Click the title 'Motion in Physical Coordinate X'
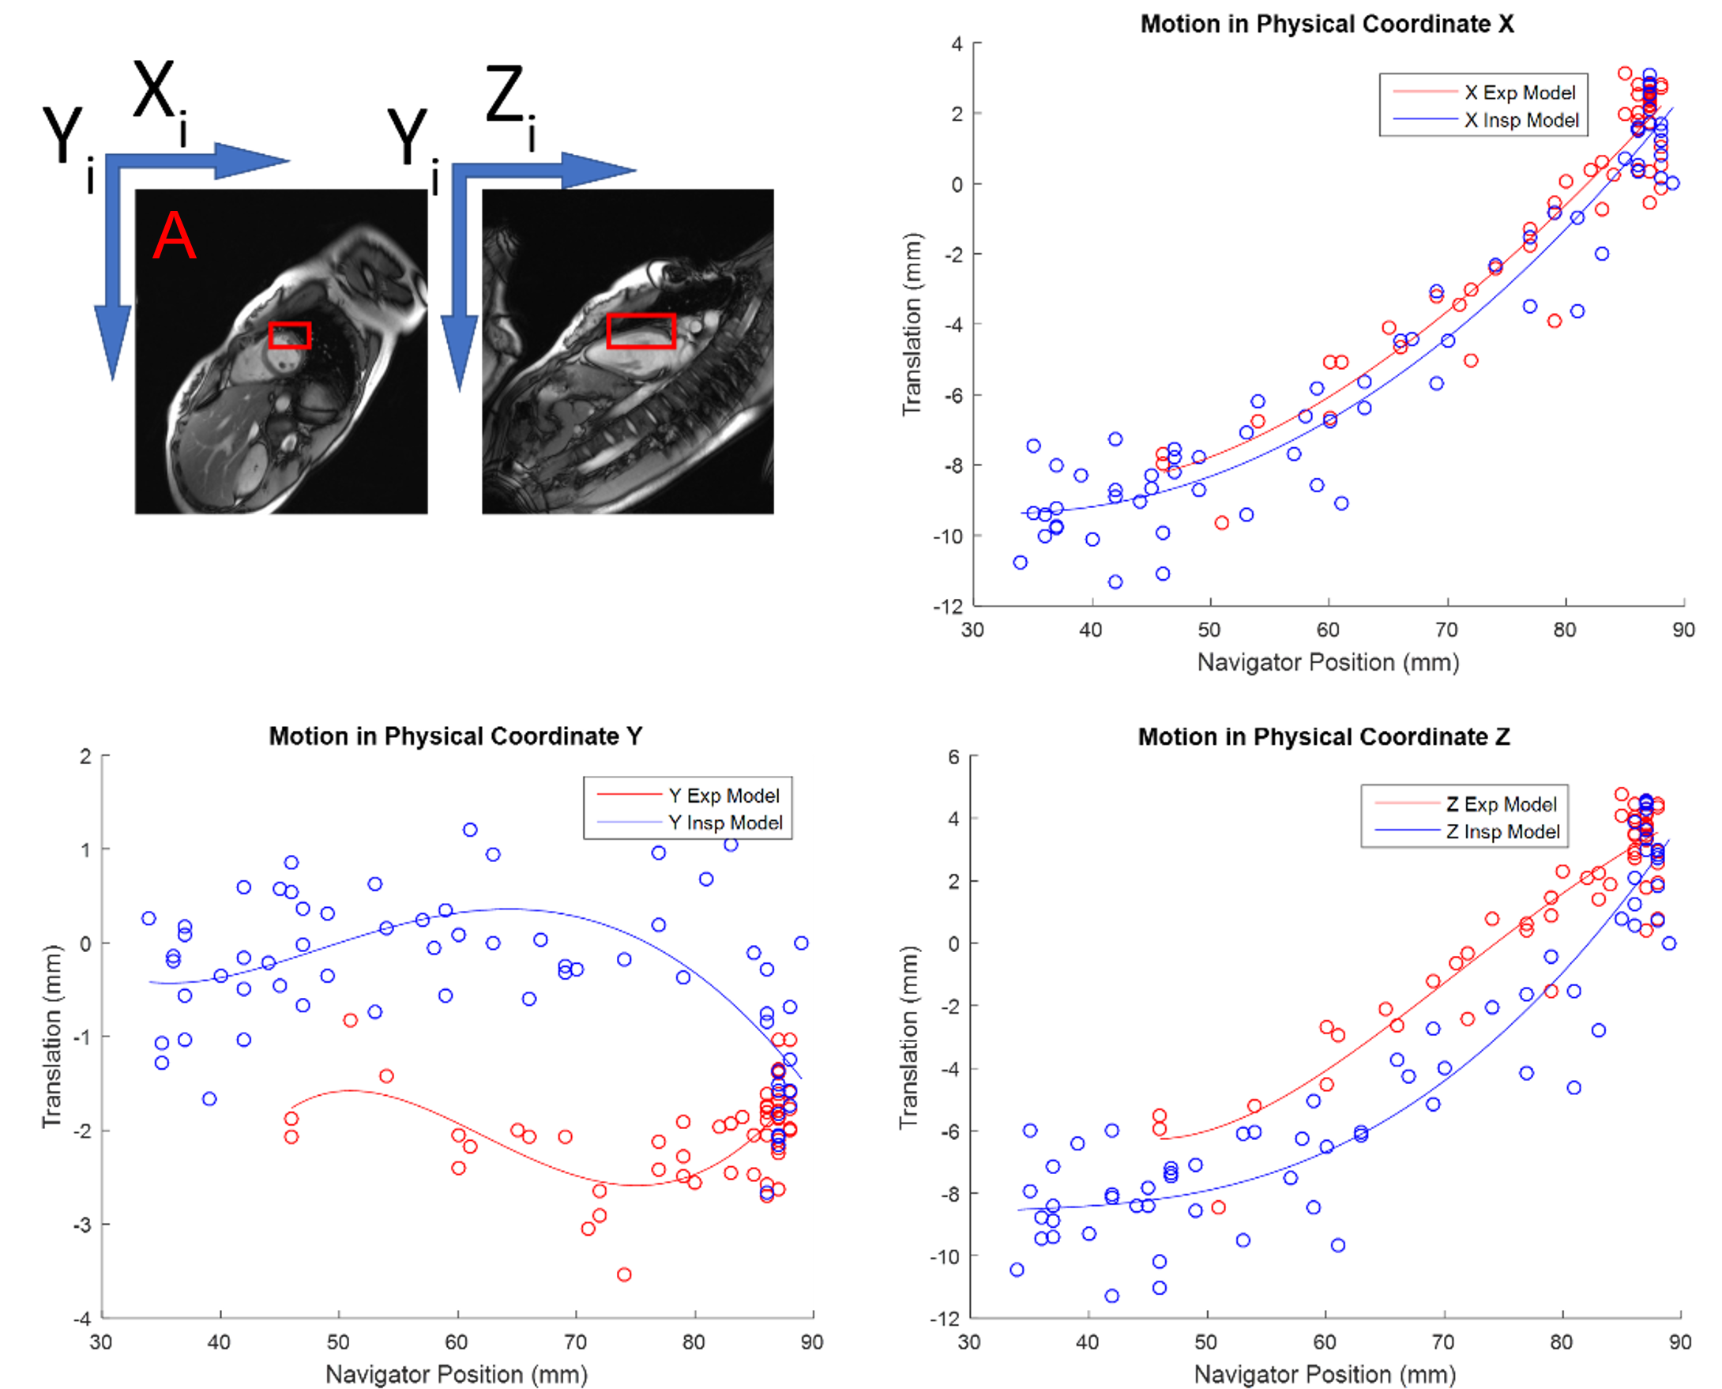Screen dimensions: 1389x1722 tap(1326, 24)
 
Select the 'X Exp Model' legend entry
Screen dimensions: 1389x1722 tap(1519, 92)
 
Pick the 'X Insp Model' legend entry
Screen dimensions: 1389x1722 tap(1521, 120)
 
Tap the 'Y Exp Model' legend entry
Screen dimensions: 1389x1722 tap(723, 796)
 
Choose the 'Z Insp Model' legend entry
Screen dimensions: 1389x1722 tap(1503, 831)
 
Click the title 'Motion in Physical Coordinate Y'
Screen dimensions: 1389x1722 tap(455, 736)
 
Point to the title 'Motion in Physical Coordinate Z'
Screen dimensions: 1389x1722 tap(1324, 736)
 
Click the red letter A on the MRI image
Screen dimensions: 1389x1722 tap(174, 237)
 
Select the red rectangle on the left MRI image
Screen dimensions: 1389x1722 tap(290, 335)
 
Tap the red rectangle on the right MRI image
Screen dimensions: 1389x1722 tap(641, 330)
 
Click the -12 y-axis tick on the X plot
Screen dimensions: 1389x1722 tap(948, 607)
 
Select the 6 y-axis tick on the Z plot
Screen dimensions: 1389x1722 tap(953, 757)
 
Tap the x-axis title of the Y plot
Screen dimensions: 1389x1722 tap(456, 1374)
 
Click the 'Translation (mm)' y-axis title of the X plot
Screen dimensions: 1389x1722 tap(912, 324)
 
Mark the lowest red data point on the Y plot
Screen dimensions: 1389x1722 tap(624, 1274)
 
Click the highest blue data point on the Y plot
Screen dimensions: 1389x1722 tap(469, 830)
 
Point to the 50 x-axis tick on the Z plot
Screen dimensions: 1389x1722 tap(1205, 1342)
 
